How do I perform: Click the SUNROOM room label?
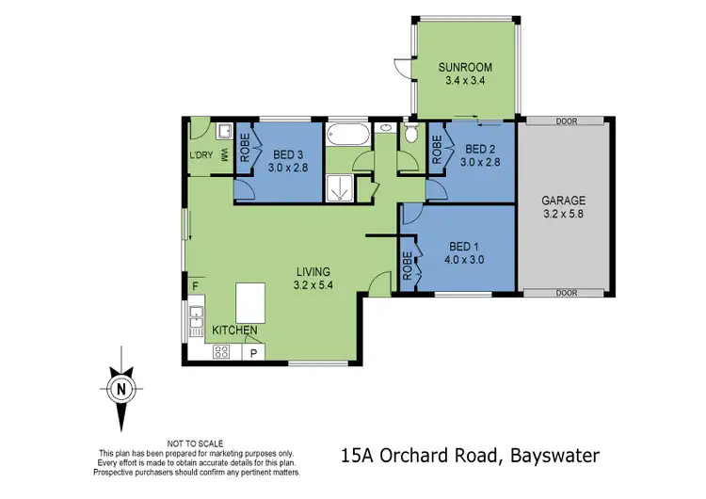[x=461, y=73]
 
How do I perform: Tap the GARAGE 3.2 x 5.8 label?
[x=564, y=207]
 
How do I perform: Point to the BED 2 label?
[x=479, y=155]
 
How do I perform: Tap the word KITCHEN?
[x=235, y=330]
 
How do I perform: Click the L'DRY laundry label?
[x=201, y=155]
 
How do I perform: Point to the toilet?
[x=410, y=136]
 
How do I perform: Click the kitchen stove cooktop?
[x=223, y=352]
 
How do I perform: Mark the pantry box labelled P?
[x=254, y=352]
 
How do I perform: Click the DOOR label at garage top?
[x=566, y=121]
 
